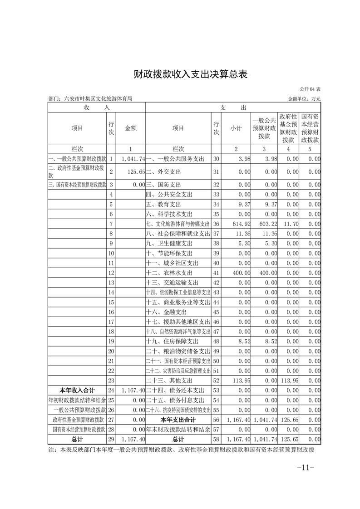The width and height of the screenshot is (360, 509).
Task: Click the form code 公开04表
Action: point(311,89)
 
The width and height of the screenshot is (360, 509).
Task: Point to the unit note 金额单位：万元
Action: point(304,98)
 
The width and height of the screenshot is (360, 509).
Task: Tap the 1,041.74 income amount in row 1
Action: point(133,159)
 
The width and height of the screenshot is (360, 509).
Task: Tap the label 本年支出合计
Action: point(178,420)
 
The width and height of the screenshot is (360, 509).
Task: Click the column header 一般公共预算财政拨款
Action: point(264,128)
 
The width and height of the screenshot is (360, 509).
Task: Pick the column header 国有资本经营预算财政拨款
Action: point(310,128)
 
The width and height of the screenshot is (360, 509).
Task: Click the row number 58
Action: point(216,439)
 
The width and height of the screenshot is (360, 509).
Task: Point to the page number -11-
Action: point(306,467)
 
